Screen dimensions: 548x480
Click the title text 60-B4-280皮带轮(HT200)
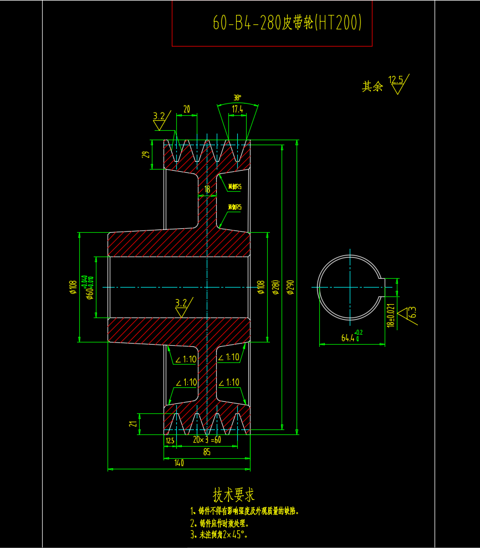tap(287, 23)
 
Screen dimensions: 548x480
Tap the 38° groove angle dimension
tap(237, 97)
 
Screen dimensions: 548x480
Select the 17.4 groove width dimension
tap(237, 110)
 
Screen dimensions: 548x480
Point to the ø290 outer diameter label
tap(290, 287)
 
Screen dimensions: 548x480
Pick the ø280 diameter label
tap(275, 287)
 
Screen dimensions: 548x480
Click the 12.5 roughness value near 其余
tap(396, 80)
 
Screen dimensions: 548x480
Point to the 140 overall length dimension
tap(178, 463)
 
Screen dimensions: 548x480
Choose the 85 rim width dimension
tap(206, 452)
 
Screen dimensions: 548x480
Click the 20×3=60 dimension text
tap(206, 440)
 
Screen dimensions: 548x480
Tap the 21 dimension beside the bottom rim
tap(132, 424)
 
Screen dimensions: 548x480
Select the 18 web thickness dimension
tap(207, 190)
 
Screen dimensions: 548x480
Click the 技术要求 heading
tap(234, 494)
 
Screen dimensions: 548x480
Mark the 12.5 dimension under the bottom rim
tap(170, 441)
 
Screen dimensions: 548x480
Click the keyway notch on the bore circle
tap(382, 287)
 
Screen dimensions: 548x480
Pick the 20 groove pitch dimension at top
tap(186, 110)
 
